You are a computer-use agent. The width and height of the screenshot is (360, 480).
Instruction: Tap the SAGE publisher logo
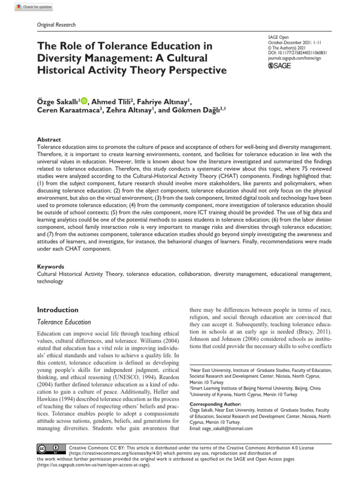click(279, 66)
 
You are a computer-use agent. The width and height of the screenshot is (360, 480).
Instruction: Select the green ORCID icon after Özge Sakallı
click(84, 100)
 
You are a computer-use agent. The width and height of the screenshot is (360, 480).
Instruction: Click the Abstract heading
click(49, 140)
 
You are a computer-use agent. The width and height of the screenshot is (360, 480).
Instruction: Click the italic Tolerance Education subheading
click(64, 322)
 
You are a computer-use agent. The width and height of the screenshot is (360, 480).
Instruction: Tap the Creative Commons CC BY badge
click(48, 449)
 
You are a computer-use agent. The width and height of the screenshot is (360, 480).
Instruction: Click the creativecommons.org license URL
click(113, 454)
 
